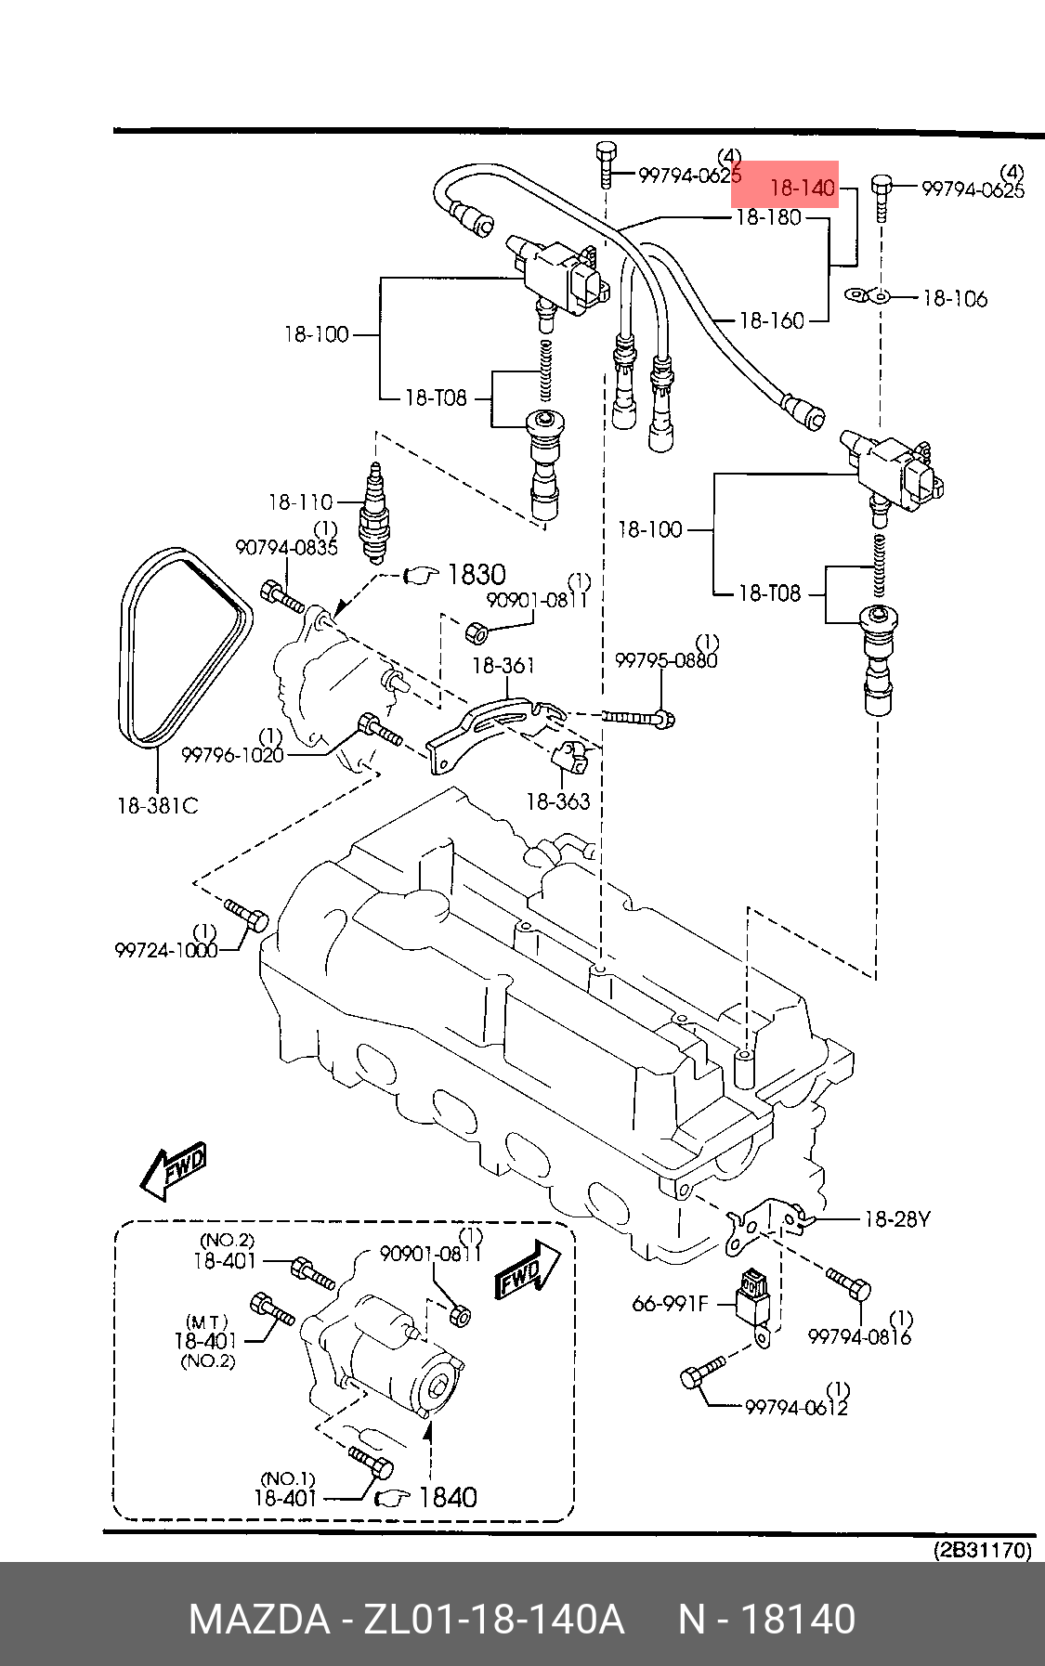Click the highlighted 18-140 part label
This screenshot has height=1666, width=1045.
(x=803, y=189)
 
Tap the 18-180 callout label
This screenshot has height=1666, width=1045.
(x=768, y=217)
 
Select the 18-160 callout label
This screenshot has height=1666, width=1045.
(x=772, y=321)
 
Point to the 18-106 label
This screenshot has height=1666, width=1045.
(x=955, y=299)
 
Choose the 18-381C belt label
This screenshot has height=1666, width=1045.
(x=158, y=806)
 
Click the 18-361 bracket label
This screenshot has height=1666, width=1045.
(x=503, y=666)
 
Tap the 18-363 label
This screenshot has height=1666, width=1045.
(x=558, y=801)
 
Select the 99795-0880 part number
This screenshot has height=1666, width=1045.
(x=666, y=660)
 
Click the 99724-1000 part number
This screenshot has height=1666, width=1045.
(x=166, y=950)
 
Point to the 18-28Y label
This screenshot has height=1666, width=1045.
(x=897, y=1219)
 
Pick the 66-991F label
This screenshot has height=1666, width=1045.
(x=670, y=1304)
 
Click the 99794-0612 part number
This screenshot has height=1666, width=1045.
(x=797, y=1408)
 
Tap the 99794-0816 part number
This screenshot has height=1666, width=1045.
(x=859, y=1336)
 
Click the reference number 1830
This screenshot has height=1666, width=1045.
(x=477, y=575)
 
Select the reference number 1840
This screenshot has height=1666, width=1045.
(x=448, y=1498)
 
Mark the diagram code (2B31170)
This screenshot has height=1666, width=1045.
(x=983, y=1550)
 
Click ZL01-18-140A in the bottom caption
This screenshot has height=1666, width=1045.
(x=493, y=1620)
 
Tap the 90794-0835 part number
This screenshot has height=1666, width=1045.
(x=286, y=548)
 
